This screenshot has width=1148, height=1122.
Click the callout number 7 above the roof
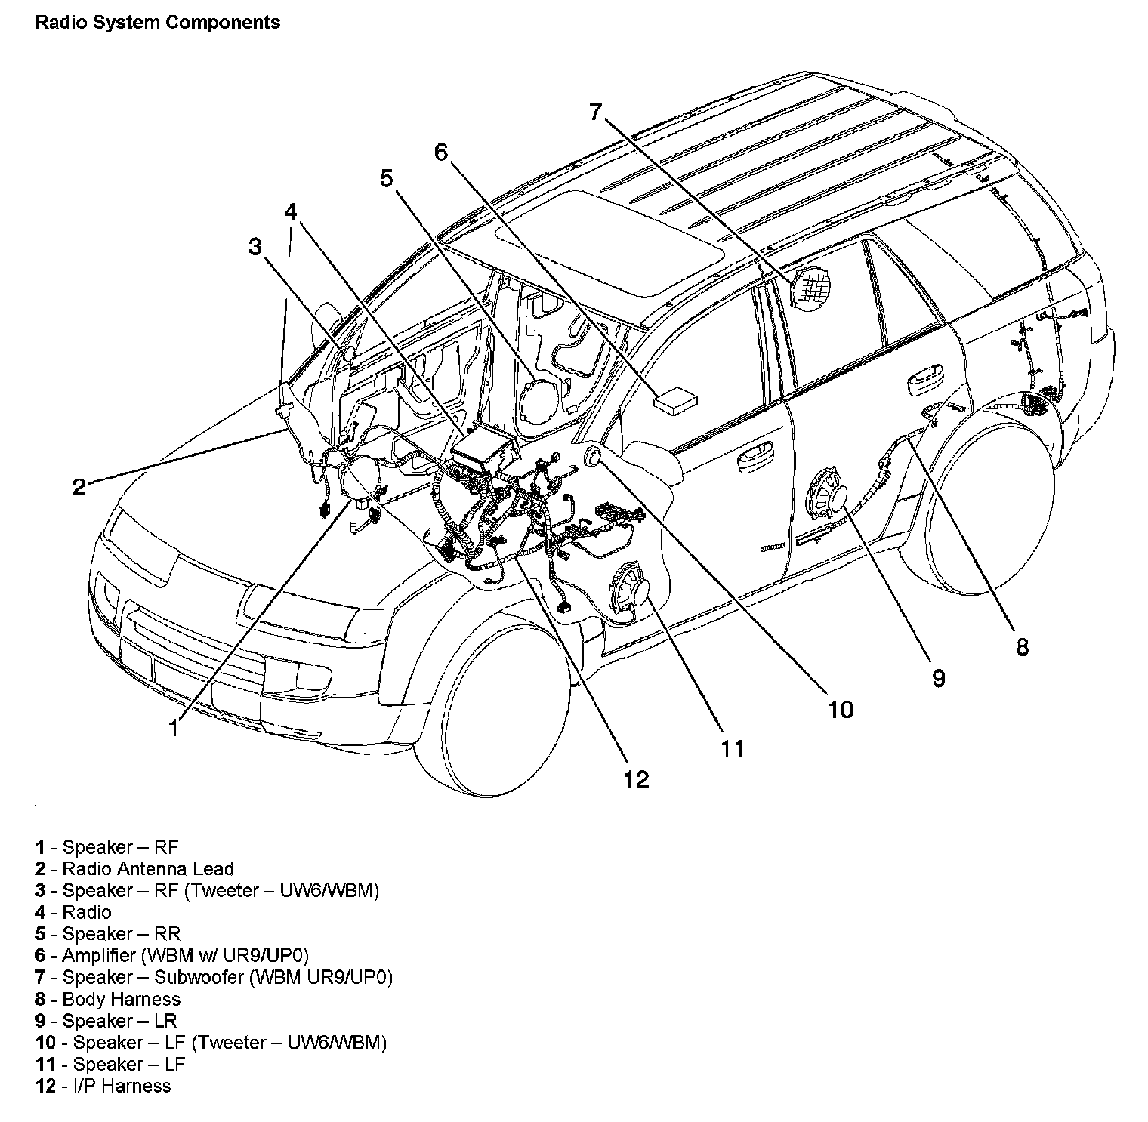point(596,113)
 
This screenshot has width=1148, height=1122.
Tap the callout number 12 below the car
point(636,779)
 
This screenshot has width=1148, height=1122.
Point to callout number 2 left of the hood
point(79,487)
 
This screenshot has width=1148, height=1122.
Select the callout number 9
point(937,678)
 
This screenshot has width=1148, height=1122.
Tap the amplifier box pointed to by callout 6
point(674,399)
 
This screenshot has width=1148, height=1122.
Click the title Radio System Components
point(158,23)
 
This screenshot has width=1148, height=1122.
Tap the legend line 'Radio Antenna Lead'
point(148,868)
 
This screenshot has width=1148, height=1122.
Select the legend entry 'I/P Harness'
point(116,1086)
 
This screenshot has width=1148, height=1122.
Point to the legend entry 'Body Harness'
point(121,999)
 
